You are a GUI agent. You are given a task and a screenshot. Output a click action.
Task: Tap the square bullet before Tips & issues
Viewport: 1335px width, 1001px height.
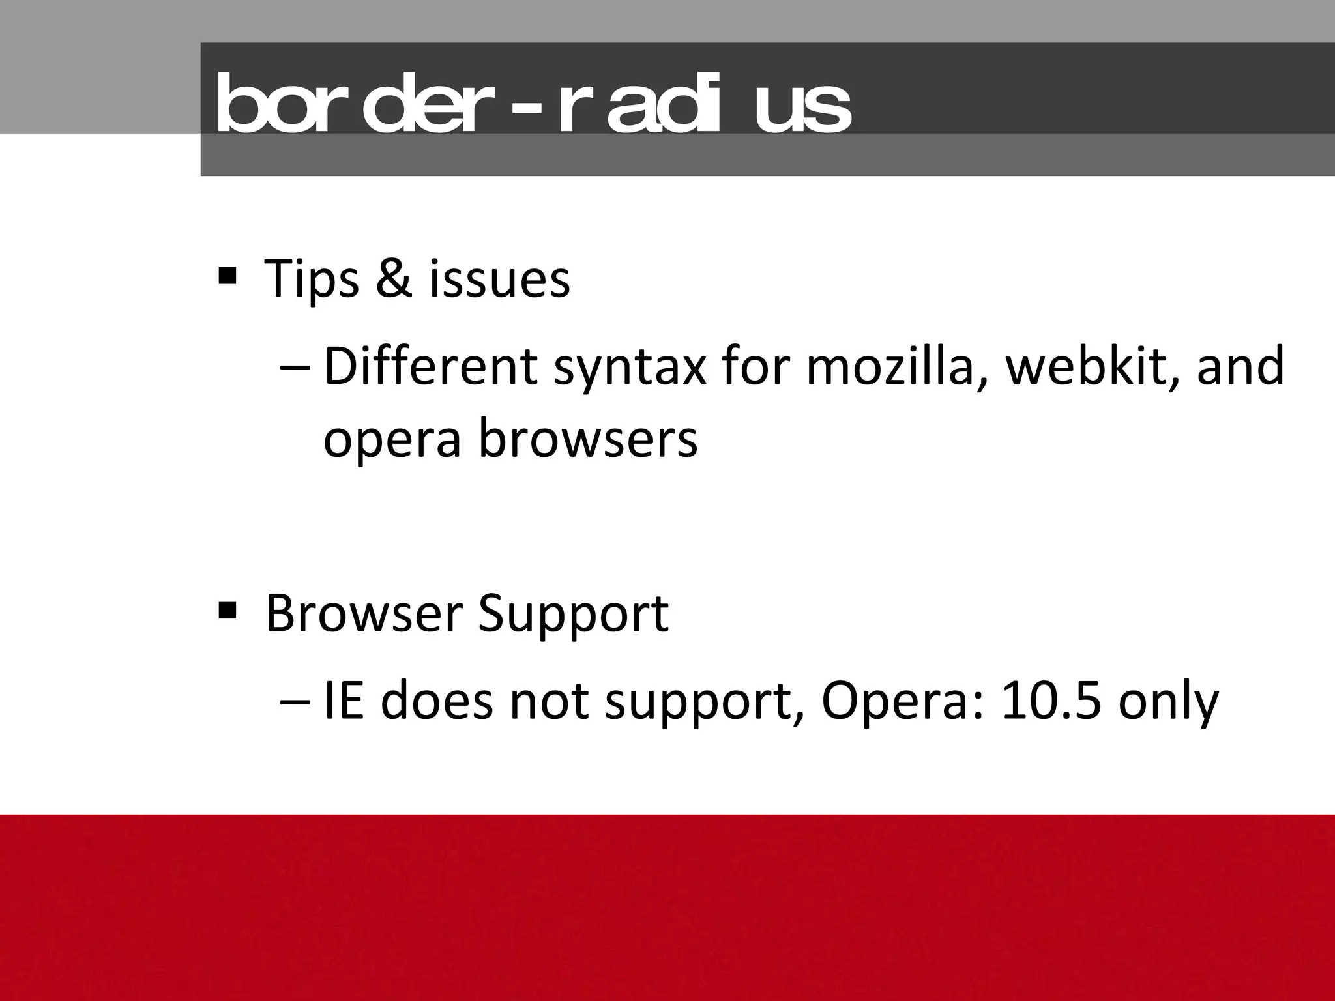(227, 276)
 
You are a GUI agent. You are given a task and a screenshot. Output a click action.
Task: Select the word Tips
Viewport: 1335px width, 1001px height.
(312, 279)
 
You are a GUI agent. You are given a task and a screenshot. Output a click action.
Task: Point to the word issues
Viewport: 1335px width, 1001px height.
(499, 279)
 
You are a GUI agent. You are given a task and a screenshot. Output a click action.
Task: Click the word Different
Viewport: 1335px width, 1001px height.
(430, 366)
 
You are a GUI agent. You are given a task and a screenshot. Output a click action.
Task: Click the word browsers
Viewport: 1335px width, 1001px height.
(588, 438)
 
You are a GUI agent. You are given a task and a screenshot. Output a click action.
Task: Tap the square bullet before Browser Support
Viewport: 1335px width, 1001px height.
(227, 611)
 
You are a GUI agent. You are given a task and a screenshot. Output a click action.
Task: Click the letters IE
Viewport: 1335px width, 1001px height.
(344, 701)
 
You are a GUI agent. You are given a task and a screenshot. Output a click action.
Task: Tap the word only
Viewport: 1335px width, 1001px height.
(1168, 704)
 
